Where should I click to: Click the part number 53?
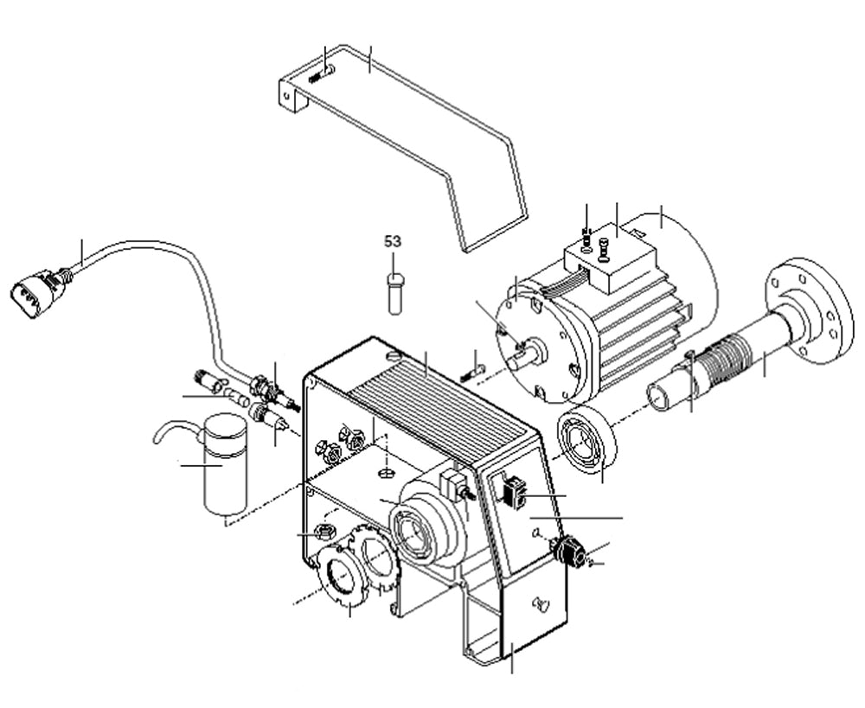coord(394,240)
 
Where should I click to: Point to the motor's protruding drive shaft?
coord(524,354)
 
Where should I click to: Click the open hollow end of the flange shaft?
coord(662,397)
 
